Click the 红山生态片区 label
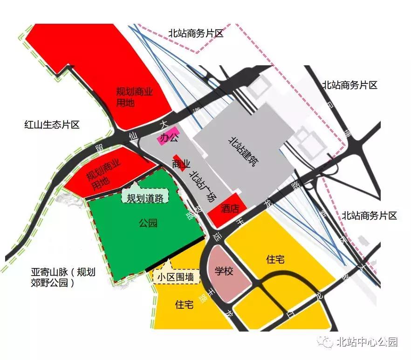[52, 125]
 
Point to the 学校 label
[224, 271]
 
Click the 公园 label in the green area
[148, 223]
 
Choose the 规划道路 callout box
[145, 198]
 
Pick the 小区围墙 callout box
[176, 277]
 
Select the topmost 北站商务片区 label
[196, 34]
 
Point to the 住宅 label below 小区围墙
[184, 305]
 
